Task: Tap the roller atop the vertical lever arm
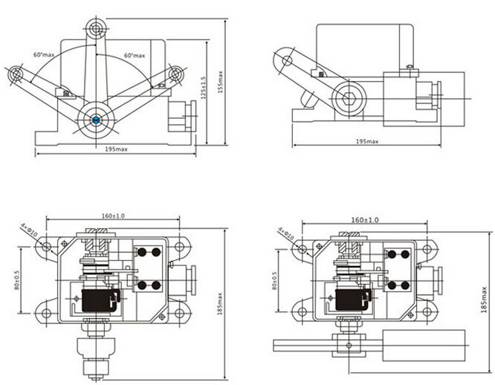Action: [x=95, y=27]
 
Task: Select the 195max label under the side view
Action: [x=367, y=141]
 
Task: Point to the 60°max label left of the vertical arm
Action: [x=42, y=54]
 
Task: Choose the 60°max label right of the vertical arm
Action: [x=134, y=55]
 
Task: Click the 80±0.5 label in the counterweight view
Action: [x=275, y=279]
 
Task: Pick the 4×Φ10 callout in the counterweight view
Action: [x=287, y=235]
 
